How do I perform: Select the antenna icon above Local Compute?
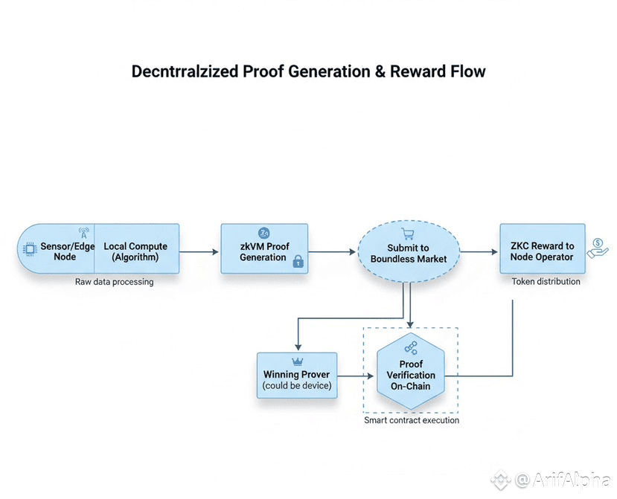(83, 234)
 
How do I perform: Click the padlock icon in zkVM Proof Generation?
(298, 261)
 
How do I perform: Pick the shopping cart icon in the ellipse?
(408, 234)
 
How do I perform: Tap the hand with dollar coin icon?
(597, 248)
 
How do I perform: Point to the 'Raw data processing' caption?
(114, 283)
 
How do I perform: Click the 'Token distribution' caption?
(546, 282)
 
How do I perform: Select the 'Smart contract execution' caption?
(412, 420)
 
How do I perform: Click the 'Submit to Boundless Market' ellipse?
(408, 253)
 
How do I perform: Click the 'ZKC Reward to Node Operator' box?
(542, 251)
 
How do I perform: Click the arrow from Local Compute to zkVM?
(199, 252)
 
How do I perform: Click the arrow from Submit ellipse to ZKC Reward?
(478, 252)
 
